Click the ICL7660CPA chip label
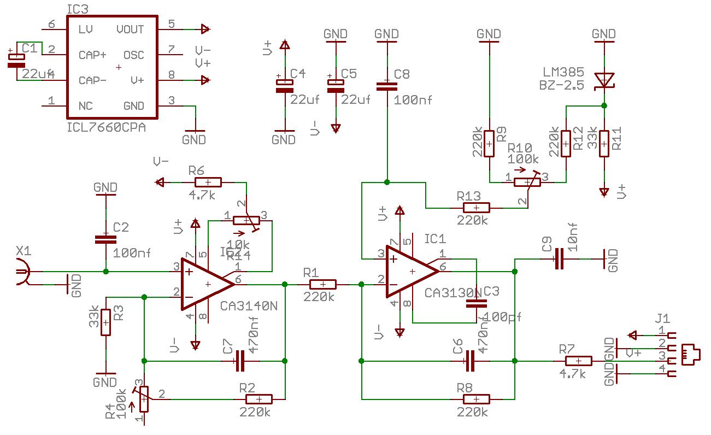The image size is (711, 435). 106,127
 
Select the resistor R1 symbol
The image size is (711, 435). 322,284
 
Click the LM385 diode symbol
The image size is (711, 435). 604,80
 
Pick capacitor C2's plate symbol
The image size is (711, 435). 105,239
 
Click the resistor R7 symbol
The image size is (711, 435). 578,361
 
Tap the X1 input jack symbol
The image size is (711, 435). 22,272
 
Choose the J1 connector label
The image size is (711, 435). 662,318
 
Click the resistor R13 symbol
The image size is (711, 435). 476,208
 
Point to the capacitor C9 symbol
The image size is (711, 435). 559,258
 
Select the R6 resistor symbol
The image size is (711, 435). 208,182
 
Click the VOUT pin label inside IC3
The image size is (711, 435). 130,29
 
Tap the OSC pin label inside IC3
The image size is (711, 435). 134,55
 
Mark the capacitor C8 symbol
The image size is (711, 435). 387,86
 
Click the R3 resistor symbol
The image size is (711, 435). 105,322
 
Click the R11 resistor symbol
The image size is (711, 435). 604,143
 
